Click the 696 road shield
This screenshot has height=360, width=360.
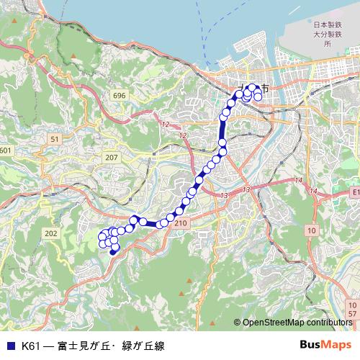[119, 96]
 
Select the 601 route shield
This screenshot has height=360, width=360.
[6, 150]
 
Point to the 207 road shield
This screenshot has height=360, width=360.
[111, 157]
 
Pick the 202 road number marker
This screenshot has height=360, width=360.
[50, 233]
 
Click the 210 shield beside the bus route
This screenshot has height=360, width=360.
[180, 224]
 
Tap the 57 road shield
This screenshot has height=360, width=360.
[352, 314]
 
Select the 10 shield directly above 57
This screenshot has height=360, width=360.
[352, 305]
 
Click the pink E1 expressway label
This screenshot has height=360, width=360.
[355, 192]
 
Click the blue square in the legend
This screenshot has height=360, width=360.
[10, 346]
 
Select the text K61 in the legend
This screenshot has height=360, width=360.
[31, 346]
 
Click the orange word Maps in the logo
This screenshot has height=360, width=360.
[336, 346]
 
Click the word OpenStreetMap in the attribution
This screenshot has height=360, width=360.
[271, 323]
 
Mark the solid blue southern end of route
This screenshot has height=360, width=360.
[113, 252]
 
